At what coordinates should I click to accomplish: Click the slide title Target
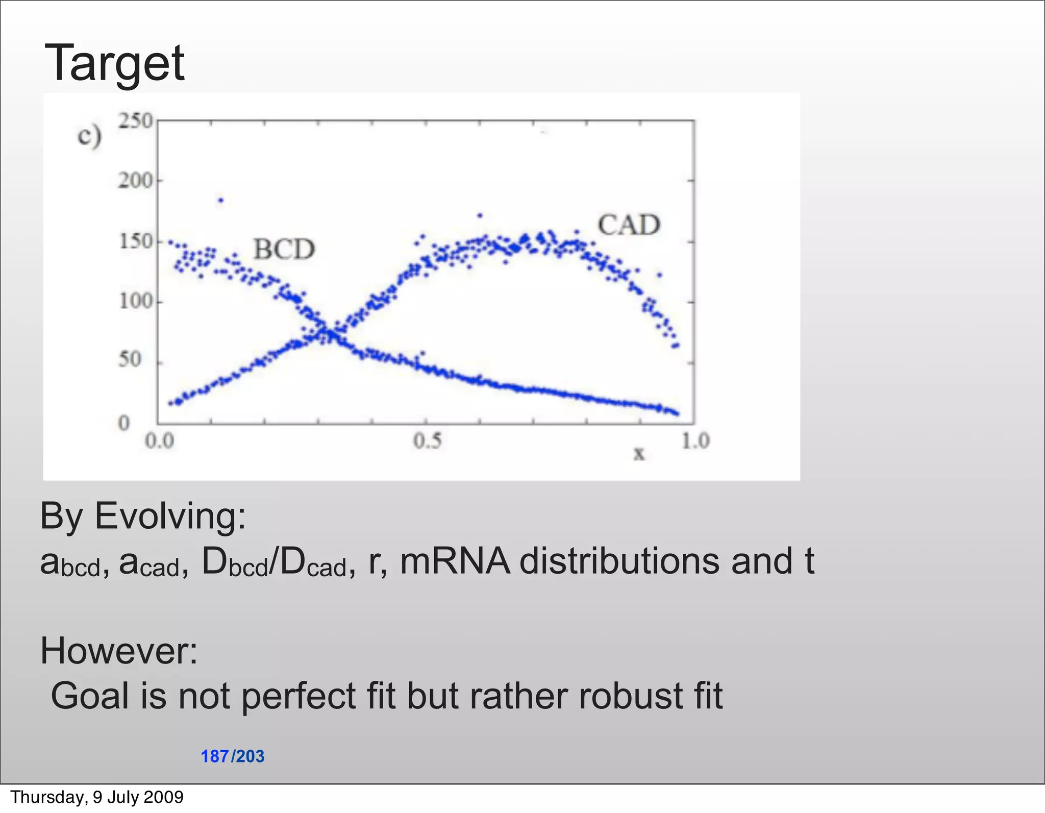click(x=115, y=64)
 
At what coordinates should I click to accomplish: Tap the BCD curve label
click(x=284, y=250)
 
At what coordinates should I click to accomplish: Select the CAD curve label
click(x=629, y=225)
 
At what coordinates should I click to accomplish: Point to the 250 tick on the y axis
click(x=135, y=121)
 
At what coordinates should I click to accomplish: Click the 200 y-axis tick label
click(x=135, y=181)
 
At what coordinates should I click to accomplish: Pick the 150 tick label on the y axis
click(x=135, y=241)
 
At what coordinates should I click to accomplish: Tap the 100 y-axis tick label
click(x=135, y=301)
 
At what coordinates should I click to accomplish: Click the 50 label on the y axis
click(x=130, y=360)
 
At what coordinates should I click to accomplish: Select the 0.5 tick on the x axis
click(x=427, y=441)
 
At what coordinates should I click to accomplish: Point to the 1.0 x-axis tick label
click(x=695, y=441)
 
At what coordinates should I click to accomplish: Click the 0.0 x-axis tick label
click(x=160, y=441)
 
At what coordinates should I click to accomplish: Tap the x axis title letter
click(x=638, y=453)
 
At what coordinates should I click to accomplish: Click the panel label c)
click(x=89, y=137)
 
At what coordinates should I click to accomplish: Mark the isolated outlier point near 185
click(x=220, y=201)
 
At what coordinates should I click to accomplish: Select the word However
click(x=118, y=651)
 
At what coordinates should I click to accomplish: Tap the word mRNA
click(x=455, y=561)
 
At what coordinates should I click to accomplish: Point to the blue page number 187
click(x=214, y=756)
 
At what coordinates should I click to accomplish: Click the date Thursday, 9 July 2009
click(x=97, y=797)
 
